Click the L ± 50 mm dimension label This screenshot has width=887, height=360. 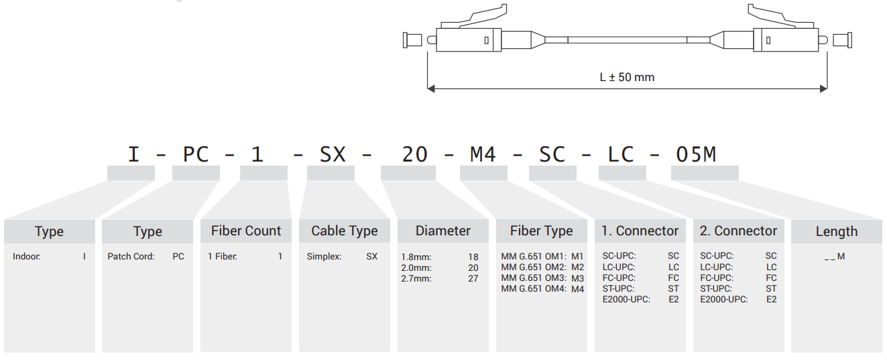(627, 77)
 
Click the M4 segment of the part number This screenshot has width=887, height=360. (483, 154)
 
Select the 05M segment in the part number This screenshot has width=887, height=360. (696, 154)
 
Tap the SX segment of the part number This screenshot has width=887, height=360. (333, 154)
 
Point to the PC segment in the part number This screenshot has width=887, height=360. (196, 154)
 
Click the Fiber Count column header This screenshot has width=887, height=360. (246, 231)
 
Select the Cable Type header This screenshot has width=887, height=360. (345, 231)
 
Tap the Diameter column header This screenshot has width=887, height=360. (442, 231)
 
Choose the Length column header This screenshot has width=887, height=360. (837, 231)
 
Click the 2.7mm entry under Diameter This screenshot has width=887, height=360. (416, 278)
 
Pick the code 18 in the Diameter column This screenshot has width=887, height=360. (473, 257)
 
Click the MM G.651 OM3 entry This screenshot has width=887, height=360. (534, 278)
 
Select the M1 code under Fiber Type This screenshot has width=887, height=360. (577, 257)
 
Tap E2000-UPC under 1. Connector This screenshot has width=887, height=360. (626, 300)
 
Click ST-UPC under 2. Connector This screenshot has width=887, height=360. (716, 289)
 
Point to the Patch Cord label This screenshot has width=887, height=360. (131, 256)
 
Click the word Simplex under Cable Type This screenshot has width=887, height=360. (324, 257)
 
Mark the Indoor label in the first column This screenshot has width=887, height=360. (27, 256)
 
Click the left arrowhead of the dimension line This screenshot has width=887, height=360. (431, 88)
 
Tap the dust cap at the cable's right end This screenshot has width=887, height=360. (843, 40)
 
